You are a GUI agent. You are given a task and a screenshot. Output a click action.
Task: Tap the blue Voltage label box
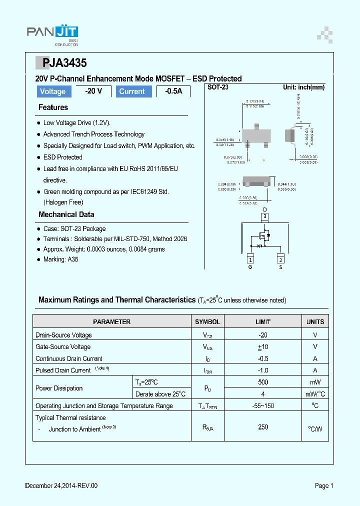pos(53,91)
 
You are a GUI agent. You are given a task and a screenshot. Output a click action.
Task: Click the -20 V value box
pos(93,91)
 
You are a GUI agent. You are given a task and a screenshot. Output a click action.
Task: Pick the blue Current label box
pos(132,91)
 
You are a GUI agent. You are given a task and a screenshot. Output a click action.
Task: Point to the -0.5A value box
pos(173,91)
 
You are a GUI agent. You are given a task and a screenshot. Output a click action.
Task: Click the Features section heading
pos(53,107)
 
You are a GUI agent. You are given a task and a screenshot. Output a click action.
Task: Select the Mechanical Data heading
pos(66,214)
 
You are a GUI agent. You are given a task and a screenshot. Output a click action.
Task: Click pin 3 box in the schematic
pos(265,216)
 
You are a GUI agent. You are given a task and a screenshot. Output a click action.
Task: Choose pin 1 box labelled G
pos(250,259)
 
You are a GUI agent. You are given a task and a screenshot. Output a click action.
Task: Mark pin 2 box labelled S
pos(280,259)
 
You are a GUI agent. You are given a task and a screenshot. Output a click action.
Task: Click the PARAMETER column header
pos(111,322)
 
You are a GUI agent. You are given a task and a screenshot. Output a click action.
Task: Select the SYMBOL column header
pos(207,322)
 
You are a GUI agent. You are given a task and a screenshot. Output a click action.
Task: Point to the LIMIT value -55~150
pos(263,406)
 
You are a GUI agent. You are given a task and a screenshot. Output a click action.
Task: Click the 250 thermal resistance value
pos(263,427)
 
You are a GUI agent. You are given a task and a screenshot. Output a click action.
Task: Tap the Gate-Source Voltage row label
pos(63,347)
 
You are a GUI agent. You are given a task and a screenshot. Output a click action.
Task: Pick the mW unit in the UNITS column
pos(315,382)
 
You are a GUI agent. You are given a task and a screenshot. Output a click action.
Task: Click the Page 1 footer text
pos(324,485)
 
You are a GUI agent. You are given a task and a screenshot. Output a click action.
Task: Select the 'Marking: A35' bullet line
pos(60,259)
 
